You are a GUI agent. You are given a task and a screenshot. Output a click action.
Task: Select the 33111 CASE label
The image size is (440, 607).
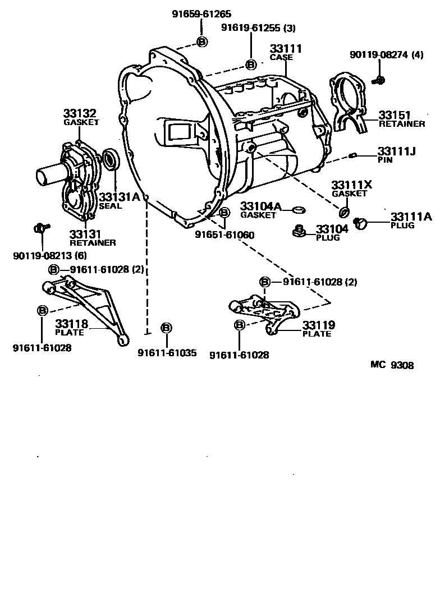(285, 52)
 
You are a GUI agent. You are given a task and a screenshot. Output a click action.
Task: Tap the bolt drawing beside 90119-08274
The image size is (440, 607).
(378, 80)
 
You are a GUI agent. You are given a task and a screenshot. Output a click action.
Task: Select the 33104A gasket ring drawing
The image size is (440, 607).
(299, 210)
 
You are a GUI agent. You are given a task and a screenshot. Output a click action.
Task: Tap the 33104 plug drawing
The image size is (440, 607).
(299, 231)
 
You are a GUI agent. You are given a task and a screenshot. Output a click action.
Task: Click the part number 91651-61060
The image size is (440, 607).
(224, 235)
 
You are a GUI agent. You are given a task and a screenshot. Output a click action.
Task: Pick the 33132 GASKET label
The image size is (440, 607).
(81, 117)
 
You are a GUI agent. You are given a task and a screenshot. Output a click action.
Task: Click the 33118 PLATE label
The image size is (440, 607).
(70, 327)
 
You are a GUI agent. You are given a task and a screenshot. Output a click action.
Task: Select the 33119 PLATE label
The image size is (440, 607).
(318, 329)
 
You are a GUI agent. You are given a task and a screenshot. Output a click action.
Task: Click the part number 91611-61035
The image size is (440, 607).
(167, 353)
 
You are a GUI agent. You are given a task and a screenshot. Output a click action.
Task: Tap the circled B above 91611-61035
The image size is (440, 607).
(166, 328)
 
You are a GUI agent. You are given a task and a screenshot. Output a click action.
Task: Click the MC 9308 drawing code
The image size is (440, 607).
(392, 365)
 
